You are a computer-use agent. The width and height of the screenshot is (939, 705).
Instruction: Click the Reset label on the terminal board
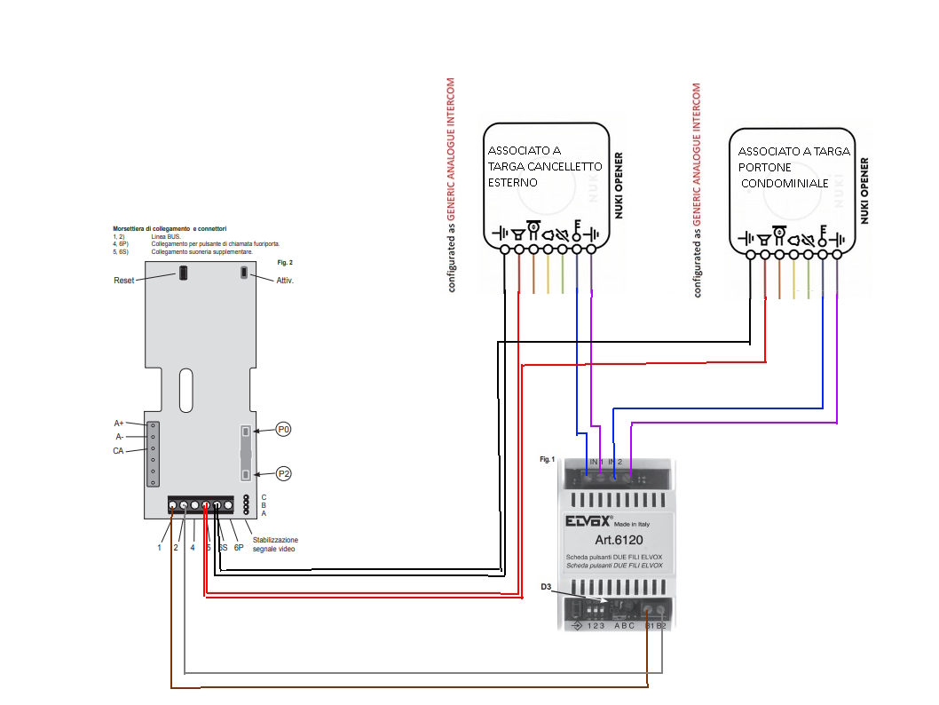click(124, 281)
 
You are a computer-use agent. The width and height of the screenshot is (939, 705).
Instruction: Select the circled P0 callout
click(284, 429)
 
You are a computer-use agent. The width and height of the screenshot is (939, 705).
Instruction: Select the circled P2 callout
click(284, 473)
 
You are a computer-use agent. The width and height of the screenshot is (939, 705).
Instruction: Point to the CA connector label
click(118, 451)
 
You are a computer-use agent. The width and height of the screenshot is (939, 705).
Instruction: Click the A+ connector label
click(118, 424)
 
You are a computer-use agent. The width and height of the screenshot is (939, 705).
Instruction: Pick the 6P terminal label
click(239, 548)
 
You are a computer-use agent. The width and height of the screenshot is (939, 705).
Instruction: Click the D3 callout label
click(546, 587)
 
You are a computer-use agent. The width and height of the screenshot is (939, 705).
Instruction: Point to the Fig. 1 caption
click(547, 460)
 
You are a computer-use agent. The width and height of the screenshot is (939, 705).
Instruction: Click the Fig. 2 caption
click(285, 263)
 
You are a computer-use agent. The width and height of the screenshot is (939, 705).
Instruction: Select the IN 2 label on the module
click(615, 463)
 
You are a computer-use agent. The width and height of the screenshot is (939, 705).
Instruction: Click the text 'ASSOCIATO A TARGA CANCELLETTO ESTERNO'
click(544, 166)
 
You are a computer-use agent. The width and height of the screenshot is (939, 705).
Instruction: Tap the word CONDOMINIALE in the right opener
click(785, 184)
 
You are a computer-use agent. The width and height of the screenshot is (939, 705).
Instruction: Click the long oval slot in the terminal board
click(185, 389)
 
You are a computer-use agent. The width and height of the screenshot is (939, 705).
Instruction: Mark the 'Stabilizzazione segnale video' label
click(275, 544)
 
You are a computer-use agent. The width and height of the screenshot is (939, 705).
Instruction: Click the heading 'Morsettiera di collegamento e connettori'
click(170, 229)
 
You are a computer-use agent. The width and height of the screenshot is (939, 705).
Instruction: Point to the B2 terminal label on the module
click(661, 626)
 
